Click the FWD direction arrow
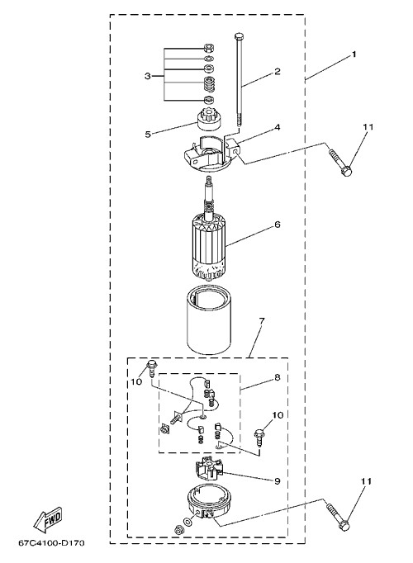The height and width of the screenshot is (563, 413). (x=48, y=520)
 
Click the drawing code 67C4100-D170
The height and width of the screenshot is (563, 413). (x=52, y=543)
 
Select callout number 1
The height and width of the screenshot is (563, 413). (x=354, y=54)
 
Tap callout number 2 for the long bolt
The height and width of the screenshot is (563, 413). (x=278, y=71)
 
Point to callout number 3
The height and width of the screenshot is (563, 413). (x=148, y=76)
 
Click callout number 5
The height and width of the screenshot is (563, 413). (x=148, y=135)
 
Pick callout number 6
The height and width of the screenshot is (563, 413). (x=278, y=225)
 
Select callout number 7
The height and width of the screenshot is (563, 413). (x=262, y=320)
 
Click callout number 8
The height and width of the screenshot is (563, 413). (x=278, y=377)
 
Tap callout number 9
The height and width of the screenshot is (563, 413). (x=278, y=480)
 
